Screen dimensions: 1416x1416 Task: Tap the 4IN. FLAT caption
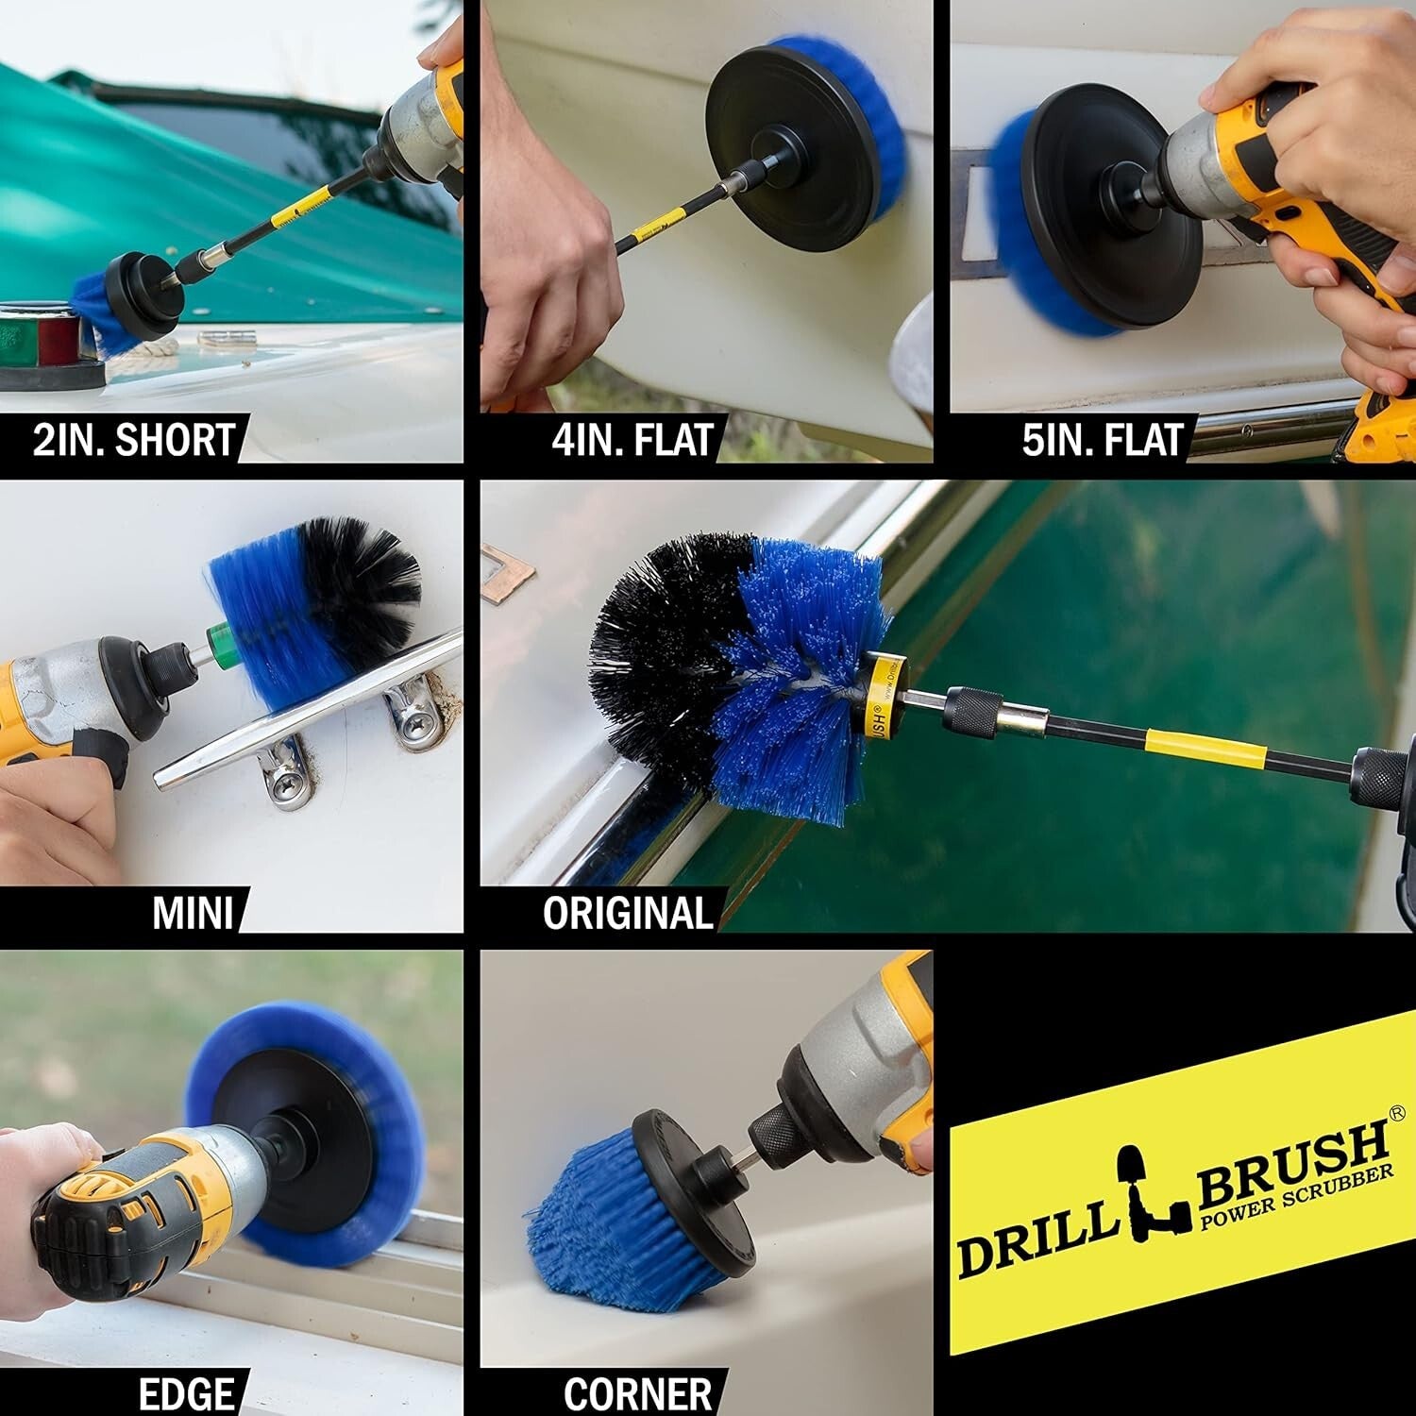click(632, 441)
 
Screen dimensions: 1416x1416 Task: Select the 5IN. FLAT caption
click(1102, 441)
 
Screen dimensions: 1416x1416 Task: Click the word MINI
click(193, 913)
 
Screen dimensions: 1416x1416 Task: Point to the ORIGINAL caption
click(627, 913)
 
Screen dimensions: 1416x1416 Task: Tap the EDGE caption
click(186, 1394)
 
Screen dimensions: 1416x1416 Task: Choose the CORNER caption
click(637, 1394)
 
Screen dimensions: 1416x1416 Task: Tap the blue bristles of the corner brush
click(604, 1237)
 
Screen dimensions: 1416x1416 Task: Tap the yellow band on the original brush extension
click(1208, 747)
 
